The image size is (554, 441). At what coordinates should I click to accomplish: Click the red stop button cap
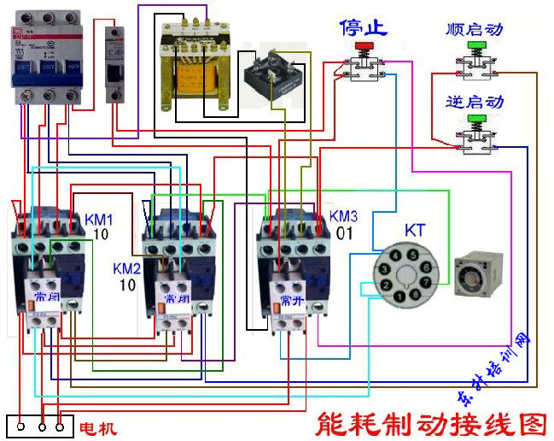(364, 45)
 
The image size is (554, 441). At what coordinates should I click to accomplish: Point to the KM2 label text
(127, 268)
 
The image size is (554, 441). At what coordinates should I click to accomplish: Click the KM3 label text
(343, 216)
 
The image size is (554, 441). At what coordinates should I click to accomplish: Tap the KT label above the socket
(415, 231)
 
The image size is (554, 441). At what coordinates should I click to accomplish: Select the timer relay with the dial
(483, 273)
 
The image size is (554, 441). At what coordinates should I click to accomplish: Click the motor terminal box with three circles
(39, 425)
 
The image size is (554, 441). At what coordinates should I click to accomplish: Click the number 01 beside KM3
(344, 232)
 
